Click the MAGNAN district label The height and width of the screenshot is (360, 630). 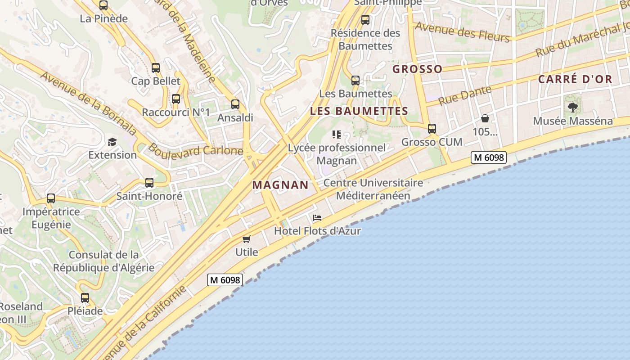coord(280,185)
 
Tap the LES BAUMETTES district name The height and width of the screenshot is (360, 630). coord(359,111)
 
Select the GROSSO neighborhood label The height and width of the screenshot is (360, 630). coord(417,69)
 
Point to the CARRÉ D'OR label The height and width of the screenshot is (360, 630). coord(575,80)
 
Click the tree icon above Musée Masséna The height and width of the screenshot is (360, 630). coord(572,108)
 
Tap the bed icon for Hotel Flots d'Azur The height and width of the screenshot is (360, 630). coord(317,218)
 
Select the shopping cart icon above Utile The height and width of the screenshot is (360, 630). coord(246,239)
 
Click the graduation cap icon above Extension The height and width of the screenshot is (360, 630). coord(112,142)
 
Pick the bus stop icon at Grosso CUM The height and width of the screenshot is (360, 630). coord(432,129)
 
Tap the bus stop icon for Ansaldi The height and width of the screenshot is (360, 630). coord(235,104)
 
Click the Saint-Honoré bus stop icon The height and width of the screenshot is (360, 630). coord(149,183)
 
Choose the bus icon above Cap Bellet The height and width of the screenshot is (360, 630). coord(155,68)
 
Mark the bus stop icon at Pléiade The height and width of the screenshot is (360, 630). coord(85,297)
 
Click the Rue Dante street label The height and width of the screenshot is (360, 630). coord(464,95)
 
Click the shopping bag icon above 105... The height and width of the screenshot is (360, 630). coord(485,119)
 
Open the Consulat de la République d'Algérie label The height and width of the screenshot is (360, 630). coord(104,261)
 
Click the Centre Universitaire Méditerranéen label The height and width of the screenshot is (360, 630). coord(373,189)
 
